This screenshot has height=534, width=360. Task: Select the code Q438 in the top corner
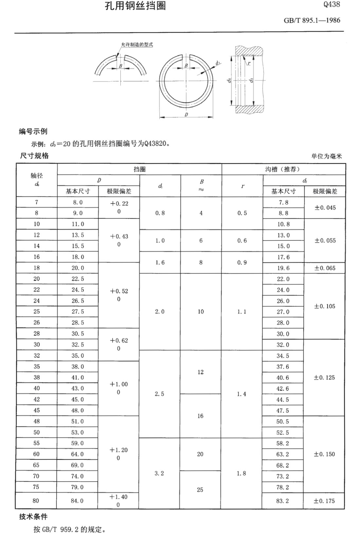click(331, 4)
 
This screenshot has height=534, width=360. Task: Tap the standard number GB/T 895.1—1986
click(312, 20)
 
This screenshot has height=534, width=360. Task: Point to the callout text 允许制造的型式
click(137, 45)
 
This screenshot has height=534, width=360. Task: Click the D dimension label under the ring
click(186, 115)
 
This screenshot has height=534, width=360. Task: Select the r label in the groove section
click(249, 63)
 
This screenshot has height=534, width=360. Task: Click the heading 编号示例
click(33, 132)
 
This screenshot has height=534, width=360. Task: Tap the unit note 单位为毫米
click(326, 156)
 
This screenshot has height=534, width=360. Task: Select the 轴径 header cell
click(37, 180)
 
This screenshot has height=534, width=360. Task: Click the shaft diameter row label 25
click(37, 312)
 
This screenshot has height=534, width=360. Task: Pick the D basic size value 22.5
click(78, 279)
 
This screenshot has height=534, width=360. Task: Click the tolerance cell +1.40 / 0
click(118, 501)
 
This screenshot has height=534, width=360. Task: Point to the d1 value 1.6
click(160, 263)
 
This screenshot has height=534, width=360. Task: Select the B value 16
click(200, 416)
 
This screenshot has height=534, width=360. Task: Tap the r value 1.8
click(241, 473)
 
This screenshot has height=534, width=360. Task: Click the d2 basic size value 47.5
click(283, 411)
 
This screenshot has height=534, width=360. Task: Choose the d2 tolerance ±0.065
click(325, 268)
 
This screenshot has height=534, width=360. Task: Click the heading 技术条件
click(33, 517)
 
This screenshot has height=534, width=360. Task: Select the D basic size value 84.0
click(77, 501)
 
